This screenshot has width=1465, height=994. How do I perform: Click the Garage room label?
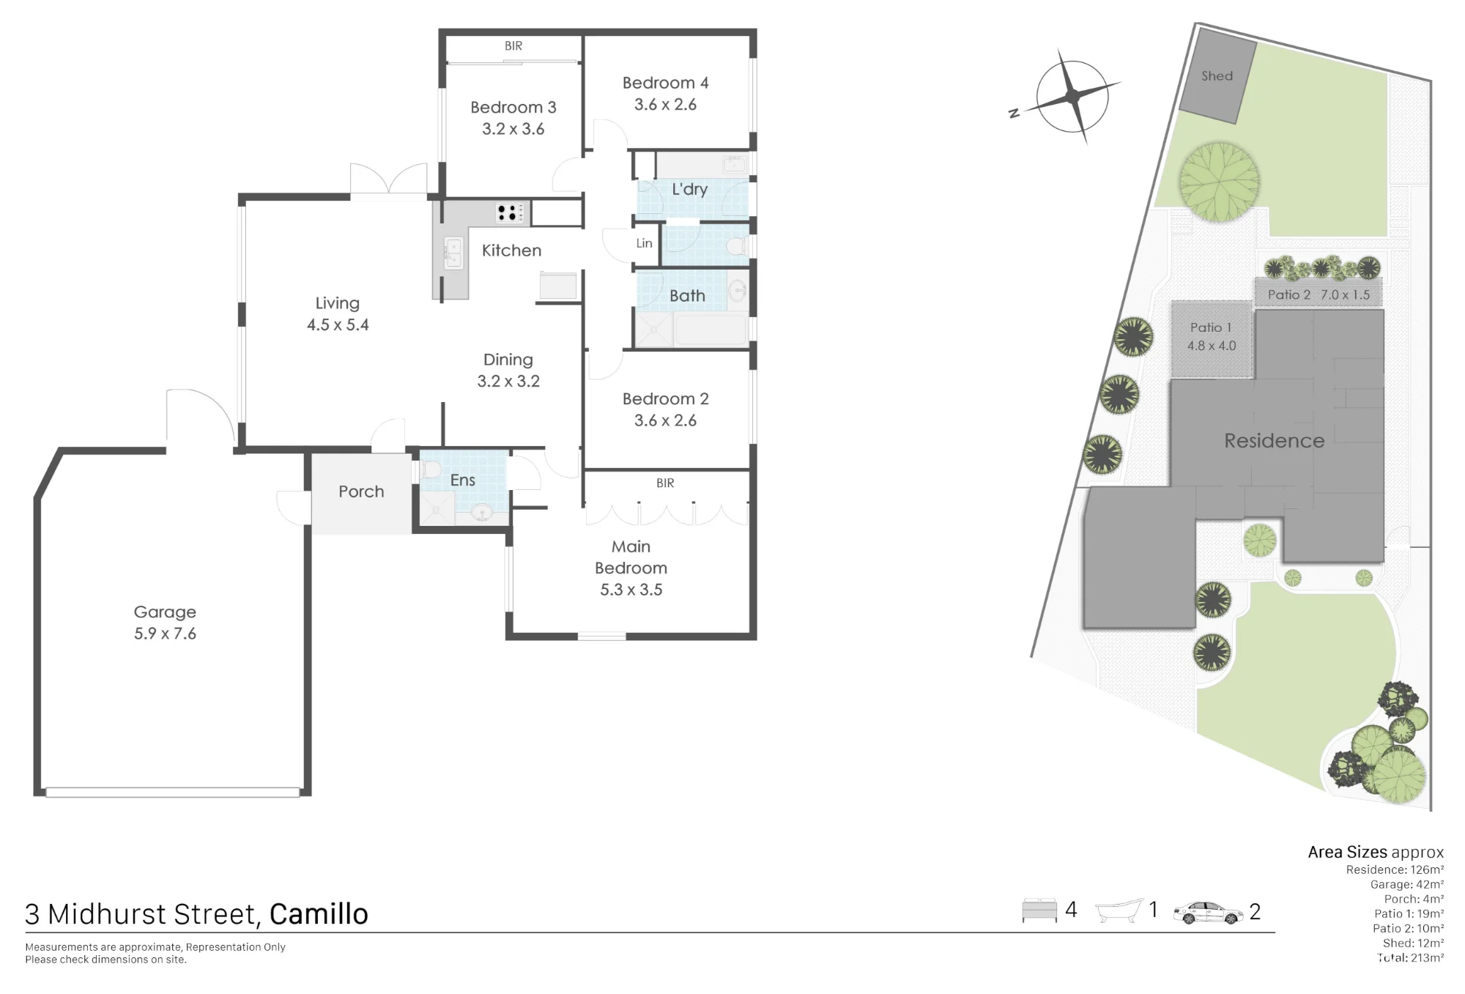165,612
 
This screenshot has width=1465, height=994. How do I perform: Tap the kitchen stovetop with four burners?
511,212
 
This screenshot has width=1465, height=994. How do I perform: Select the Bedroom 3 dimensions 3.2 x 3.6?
513,129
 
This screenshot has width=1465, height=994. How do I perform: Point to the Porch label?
361,492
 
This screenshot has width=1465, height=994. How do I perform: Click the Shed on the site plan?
1217,76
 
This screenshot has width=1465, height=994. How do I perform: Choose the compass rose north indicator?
1072,96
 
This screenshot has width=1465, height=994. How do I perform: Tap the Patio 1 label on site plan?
1211,327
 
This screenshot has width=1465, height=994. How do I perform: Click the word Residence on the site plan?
1275,441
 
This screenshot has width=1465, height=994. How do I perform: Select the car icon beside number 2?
1208,913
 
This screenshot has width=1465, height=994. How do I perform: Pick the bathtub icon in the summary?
1119,910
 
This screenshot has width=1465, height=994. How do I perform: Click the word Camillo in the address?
319,914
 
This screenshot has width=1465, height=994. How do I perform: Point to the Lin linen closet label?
644,243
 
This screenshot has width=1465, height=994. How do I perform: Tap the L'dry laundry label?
689,189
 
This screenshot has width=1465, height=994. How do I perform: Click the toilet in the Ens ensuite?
431,470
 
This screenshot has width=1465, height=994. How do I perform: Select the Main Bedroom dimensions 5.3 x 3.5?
631,590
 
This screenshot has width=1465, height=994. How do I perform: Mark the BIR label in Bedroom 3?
513,46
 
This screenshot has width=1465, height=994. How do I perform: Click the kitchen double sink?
453,253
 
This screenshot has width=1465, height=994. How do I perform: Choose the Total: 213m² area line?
1411,957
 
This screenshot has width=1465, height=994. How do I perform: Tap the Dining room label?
508,360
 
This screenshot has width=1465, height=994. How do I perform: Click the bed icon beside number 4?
1039,910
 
